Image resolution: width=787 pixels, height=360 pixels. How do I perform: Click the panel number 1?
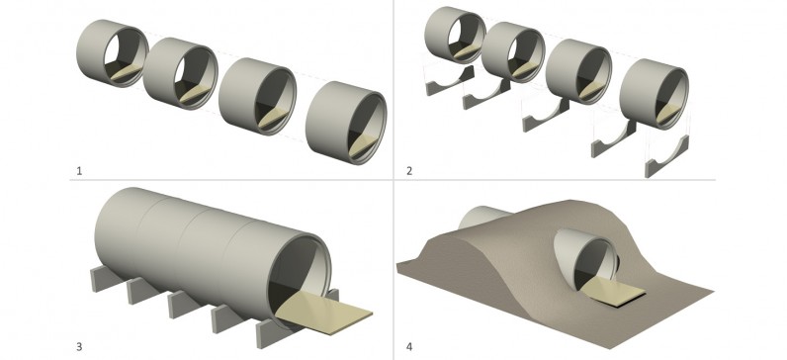pos(79,171)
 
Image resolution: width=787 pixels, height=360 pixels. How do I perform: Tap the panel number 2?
pos(409,171)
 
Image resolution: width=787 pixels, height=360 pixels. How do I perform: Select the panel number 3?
pos(79,346)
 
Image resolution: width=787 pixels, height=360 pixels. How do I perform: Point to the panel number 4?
pos(409,346)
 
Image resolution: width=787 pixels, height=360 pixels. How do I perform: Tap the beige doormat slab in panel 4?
pos(613,291)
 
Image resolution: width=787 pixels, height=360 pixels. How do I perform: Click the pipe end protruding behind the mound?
pos(481,217)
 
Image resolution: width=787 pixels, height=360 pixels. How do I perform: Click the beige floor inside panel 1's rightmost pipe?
pos(363,145)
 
